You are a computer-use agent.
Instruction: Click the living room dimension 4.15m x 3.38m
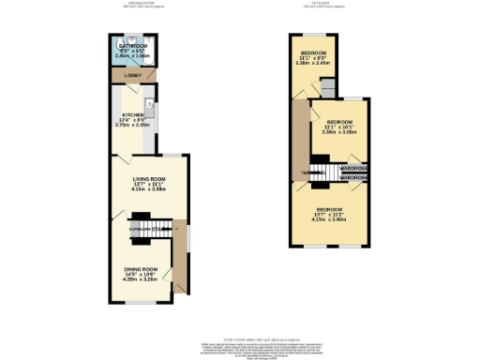[148, 190]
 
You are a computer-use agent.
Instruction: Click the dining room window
[141, 302]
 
